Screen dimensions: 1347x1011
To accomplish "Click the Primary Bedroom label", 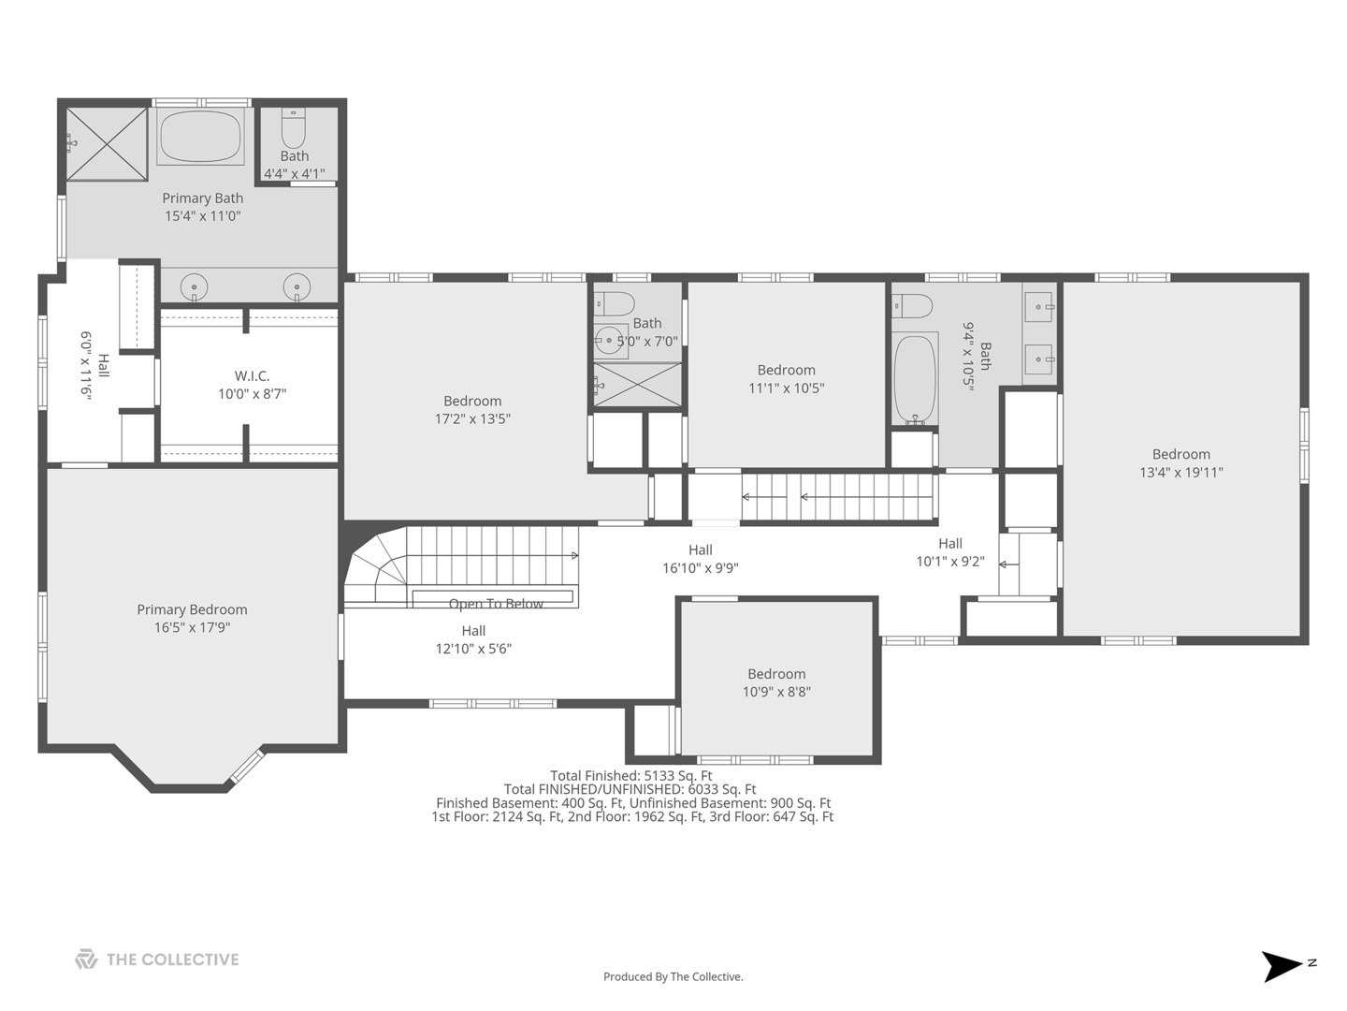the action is click(x=192, y=608).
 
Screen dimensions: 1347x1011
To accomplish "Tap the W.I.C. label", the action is click(x=252, y=375).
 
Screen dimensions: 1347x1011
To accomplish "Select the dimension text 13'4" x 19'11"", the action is click(x=1181, y=472).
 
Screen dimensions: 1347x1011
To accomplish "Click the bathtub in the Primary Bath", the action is click(x=200, y=137).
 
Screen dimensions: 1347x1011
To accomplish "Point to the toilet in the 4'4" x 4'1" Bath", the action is click(x=294, y=127).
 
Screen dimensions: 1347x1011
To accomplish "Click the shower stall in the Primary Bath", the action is click(x=108, y=144).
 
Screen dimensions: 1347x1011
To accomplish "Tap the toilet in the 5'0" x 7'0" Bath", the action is click(x=615, y=304).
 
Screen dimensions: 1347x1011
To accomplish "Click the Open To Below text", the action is click(x=496, y=604).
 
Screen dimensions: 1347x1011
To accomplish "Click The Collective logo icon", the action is click(x=86, y=959).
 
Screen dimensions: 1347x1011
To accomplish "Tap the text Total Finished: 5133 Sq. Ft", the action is click(x=630, y=775).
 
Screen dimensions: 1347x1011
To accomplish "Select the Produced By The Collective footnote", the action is click(x=673, y=976).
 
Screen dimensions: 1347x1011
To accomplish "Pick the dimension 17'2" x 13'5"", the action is click(x=472, y=418).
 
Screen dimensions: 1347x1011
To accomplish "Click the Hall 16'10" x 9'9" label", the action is click(x=701, y=559).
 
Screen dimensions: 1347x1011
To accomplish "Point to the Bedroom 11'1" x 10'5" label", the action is click(x=786, y=379).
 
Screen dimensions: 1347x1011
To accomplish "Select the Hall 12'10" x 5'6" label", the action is click(x=473, y=639).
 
